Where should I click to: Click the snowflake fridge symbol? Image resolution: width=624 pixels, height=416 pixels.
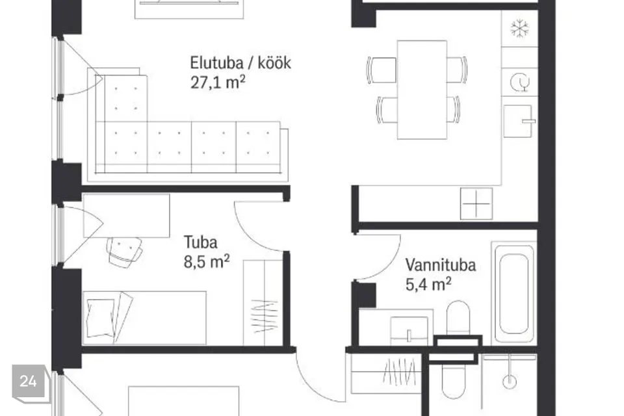pyautogui.click(x=520, y=28)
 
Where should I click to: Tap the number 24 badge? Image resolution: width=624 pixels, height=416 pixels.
pyautogui.click(x=28, y=382)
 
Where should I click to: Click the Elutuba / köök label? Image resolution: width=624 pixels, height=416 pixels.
pyautogui.click(x=240, y=63)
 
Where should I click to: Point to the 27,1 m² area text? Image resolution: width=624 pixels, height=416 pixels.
pyautogui.click(x=218, y=82)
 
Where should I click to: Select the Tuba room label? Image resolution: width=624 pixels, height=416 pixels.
pyautogui.click(x=201, y=242)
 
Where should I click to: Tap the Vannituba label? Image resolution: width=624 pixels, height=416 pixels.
pyautogui.click(x=441, y=265)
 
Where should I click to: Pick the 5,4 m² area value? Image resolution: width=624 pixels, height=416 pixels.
pyautogui.click(x=428, y=284)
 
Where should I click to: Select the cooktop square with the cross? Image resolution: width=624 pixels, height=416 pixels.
pyautogui.click(x=476, y=204)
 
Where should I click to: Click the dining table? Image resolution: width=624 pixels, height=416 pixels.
pyautogui.click(x=422, y=90)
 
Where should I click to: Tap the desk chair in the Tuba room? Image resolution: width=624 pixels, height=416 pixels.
pyautogui.click(x=124, y=252)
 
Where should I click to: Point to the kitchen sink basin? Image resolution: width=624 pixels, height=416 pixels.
pyautogui.click(x=519, y=121)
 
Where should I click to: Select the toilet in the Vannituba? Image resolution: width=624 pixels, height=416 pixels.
pyautogui.click(x=458, y=318)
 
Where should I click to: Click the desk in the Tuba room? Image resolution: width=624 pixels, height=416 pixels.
pyautogui.click(x=127, y=216)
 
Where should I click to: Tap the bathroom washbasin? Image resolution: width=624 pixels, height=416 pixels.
pyautogui.click(x=409, y=330)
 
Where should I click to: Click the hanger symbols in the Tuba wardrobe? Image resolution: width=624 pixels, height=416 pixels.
pyautogui.click(x=265, y=316)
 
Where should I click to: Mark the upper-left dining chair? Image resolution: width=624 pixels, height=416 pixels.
pyautogui.click(x=382, y=70)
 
